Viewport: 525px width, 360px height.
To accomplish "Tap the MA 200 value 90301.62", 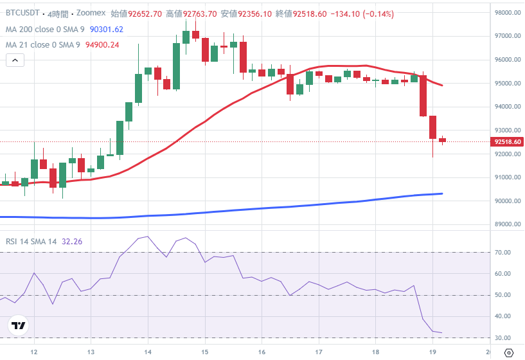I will click(107, 30).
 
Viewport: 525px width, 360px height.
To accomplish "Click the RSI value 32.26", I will click(72, 242).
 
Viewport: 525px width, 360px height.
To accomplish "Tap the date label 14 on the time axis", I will click(148, 352).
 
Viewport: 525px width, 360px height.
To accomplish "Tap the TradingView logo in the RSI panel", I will click(19, 326).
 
